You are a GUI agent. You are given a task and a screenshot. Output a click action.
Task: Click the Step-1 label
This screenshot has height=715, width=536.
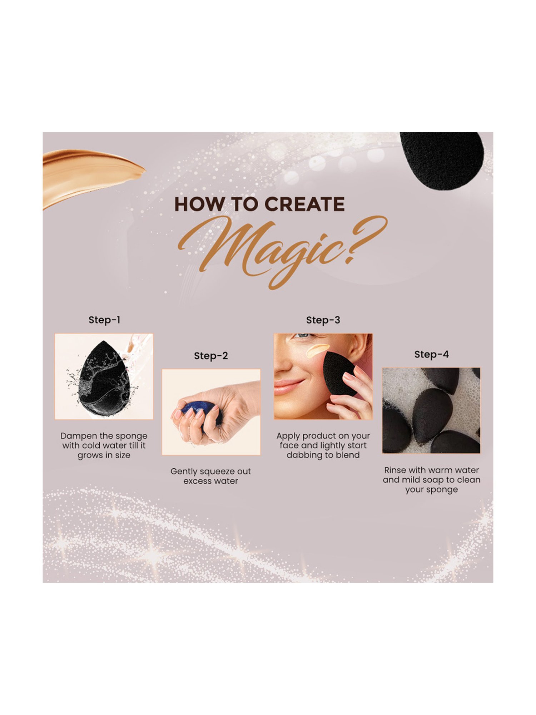(104, 320)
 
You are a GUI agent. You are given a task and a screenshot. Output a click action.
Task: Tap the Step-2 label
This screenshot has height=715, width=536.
(211, 356)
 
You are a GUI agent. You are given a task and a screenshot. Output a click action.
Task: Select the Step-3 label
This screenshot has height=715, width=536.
(323, 320)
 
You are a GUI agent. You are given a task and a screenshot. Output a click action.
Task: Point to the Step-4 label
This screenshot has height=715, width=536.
(431, 355)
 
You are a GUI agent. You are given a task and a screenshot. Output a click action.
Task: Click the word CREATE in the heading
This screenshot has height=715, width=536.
(304, 204)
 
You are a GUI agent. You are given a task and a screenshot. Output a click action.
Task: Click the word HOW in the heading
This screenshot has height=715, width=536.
(193, 204)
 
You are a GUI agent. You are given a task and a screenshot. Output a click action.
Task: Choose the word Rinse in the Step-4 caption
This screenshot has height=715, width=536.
(395, 470)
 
